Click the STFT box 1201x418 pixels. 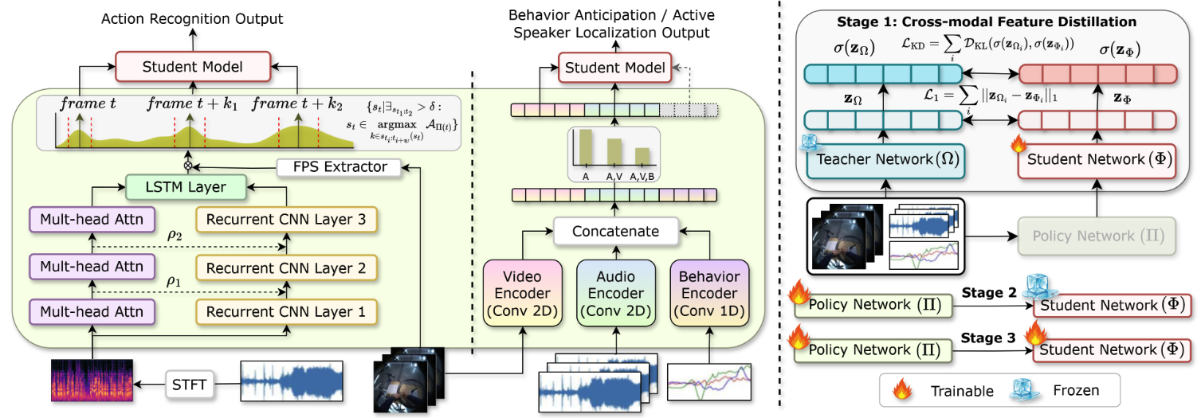tap(189, 385)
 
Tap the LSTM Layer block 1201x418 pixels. tap(185, 188)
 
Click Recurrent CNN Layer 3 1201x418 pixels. tap(285, 219)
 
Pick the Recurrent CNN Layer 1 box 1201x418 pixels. tap(285, 313)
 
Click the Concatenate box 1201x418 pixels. tap(616, 232)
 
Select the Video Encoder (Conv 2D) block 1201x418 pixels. tap(522, 294)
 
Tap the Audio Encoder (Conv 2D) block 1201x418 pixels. tap(615, 294)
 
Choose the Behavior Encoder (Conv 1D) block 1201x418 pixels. tap(709, 294)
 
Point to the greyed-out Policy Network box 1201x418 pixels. tap(1095, 236)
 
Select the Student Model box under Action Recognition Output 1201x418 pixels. tap(192, 67)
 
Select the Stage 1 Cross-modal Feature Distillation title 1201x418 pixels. tap(986, 21)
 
